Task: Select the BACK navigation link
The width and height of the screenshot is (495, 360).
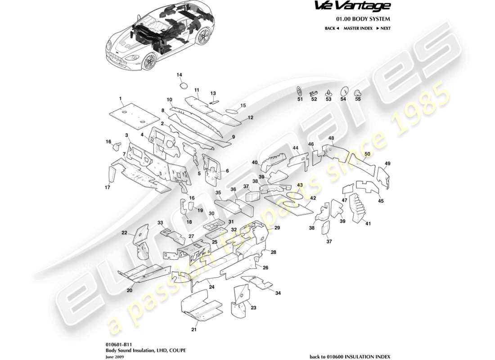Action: coord(331,28)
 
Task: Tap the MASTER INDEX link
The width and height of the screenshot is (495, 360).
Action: coord(358,28)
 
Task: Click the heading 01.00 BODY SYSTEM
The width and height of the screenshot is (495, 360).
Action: coord(363,19)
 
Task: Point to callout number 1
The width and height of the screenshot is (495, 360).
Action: coord(121,98)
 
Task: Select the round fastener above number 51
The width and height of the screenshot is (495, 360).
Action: coord(300,90)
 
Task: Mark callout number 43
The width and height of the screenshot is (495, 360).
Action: coord(300,185)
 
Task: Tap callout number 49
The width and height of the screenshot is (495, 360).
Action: coord(387,163)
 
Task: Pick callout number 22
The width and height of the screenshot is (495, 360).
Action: coord(125,233)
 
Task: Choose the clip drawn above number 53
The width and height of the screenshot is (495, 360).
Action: coord(328,90)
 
